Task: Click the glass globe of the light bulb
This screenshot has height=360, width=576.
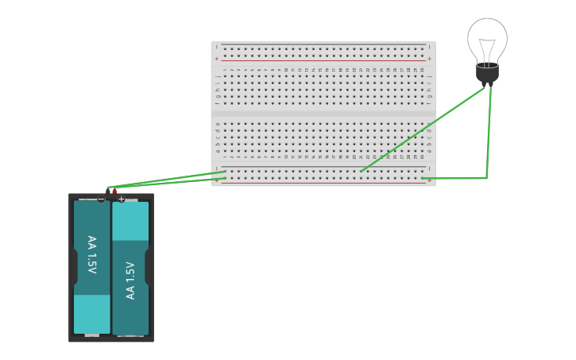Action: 487,36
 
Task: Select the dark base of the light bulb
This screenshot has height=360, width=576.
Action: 487,72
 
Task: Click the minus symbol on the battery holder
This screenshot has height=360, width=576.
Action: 101,199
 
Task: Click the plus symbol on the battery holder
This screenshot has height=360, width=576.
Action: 122,199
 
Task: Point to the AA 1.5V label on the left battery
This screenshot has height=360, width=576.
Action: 91,254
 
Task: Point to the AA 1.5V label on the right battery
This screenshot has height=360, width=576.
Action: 131,280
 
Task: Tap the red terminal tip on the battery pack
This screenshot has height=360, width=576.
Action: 114,191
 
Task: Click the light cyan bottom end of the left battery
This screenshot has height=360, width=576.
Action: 92,313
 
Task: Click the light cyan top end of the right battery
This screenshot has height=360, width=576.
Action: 130,221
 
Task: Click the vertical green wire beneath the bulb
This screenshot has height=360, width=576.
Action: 489,131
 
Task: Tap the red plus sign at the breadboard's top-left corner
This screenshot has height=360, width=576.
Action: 217,59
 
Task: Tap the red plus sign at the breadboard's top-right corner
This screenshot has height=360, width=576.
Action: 429,59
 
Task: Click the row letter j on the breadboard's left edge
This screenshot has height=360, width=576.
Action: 218,77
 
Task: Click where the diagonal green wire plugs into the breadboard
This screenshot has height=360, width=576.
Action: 361,171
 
